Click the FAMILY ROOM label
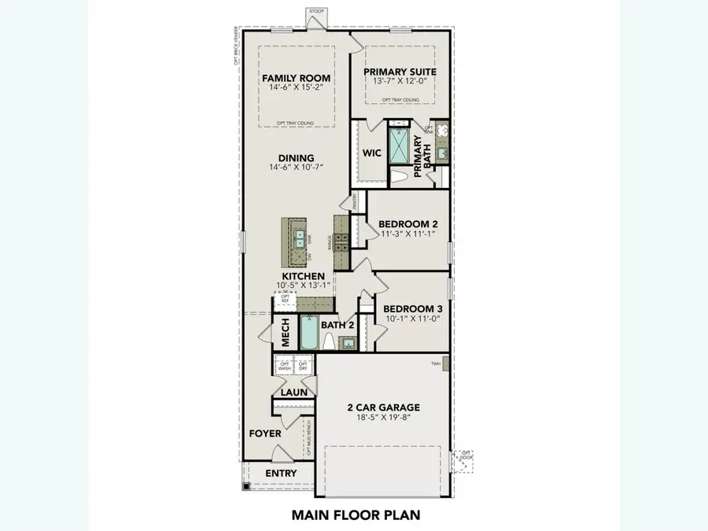296,78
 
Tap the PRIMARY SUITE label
400,72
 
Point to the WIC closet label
371,153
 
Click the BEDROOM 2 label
409,223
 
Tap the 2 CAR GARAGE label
383,407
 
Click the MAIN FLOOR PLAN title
355,515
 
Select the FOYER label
265,433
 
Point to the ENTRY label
281,473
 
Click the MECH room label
286,333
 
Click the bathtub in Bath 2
308,335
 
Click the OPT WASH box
284,365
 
